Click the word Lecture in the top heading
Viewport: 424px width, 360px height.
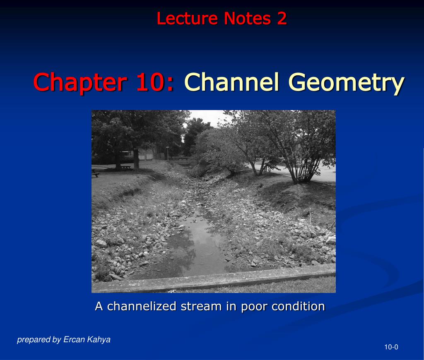pyautogui.click(x=187, y=18)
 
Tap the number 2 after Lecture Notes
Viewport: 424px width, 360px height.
pyautogui.click(x=282, y=18)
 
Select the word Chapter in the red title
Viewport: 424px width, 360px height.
pyautogui.click(x=80, y=82)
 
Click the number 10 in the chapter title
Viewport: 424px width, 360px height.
pyautogui.click(x=149, y=82)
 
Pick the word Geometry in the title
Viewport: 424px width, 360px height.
pyautogui.click(x=347, y=82)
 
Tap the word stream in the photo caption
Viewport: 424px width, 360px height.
pyautogui.click(x=201, y=307)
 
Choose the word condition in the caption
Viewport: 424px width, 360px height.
pyautogui.click(x=298, y=306)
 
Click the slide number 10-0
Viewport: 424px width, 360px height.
pyautogui.click(x=391, y=347)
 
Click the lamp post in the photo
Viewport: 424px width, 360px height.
pyautogui.click(x=167, y=153)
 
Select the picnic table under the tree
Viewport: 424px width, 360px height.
pyautogui.click(x=126, y=167)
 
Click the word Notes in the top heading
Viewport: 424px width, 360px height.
pyautogui.click(x=247, y=18)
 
